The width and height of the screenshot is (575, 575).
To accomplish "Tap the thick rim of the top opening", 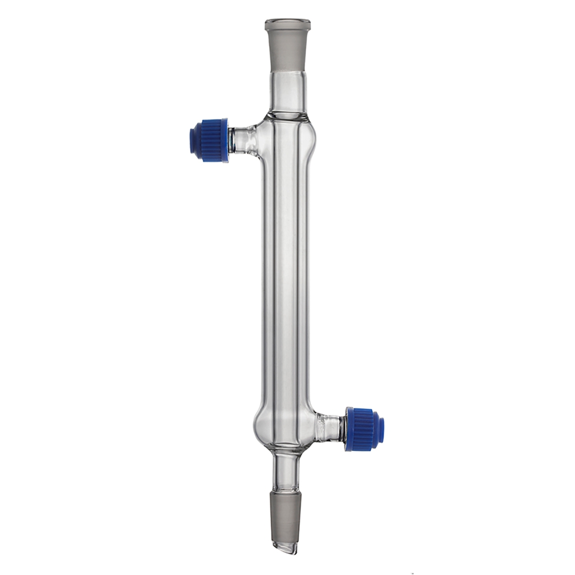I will (x=287, y=24).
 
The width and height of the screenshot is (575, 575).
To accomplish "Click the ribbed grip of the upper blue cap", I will (x=212, y=140).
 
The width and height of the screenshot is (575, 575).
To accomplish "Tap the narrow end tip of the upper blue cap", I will (x=193, y=140).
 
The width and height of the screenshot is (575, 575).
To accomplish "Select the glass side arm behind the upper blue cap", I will (x=244, y=140).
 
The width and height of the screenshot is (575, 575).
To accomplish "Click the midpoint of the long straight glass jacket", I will (x=287, y=282).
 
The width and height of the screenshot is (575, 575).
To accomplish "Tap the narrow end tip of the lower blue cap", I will (x=381, y=430).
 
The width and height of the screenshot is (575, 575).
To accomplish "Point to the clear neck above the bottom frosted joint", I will (x=286, y=471).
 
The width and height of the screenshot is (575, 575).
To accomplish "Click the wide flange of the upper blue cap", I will (x=226, y=140).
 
